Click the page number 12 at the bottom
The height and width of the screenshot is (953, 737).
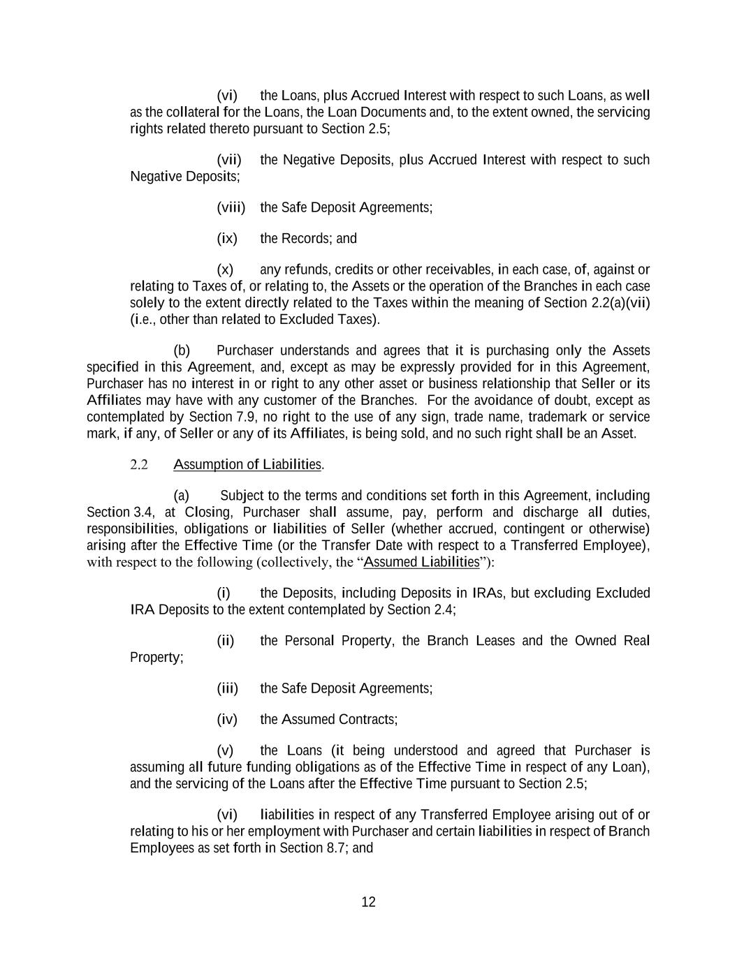[368, 902]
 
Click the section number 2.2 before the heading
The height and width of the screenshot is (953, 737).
[140, 465]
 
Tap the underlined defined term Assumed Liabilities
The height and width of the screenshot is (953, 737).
[422, 562]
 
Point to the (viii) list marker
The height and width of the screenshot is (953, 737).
[231, 207]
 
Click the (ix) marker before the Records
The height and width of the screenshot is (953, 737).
[227, 239]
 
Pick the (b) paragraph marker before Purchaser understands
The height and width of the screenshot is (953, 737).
[182, 350]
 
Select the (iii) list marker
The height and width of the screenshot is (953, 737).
[228, 688]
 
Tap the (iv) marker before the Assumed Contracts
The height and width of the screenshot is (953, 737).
[227, 719]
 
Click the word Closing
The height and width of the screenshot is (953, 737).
[207, 512]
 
